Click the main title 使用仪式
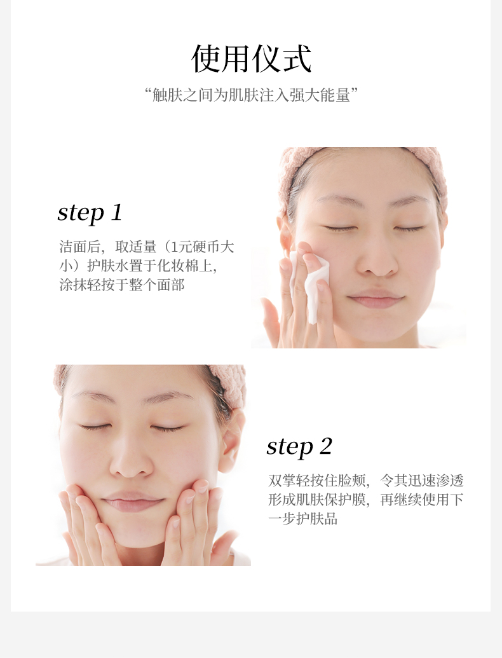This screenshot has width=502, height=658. tap(251, 58)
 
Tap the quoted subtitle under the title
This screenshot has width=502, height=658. tap(251, 95)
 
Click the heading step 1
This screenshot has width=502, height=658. tap(90, 213)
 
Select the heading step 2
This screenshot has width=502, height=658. tap(299, 446)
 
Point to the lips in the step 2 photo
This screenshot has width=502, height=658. tap(133, 500)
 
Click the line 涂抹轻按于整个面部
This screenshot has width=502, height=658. tap(121, 285)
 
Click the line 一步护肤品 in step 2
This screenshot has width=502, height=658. tap(303, 519)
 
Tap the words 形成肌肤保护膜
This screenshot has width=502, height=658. tap(317, 499)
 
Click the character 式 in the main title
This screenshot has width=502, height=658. tap(297, 58)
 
